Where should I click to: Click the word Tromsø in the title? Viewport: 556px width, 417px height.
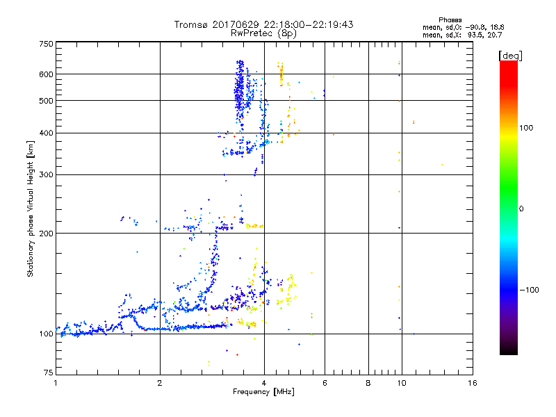pyautogui.click(x=190, y=24)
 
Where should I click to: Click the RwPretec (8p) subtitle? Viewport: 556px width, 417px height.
pyautogui.click(x=263, y=33)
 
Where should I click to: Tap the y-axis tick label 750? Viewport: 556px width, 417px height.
pyautogui.click(x=46, y=43)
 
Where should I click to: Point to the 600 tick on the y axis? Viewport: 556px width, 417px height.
pyautogui.click(x=46, y=74)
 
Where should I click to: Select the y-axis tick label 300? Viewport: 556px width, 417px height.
pyautogui.click(x=46, y=174)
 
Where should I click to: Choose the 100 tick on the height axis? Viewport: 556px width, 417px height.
pyautogui.click(x=46, y=334)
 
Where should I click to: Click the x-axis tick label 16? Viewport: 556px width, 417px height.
pyautogui.click(x=472, y=383)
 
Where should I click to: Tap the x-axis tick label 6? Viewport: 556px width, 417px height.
pyautogui.click(x=324, y=383)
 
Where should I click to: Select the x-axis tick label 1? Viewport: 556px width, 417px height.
pyautogui.click(x=56, y=383)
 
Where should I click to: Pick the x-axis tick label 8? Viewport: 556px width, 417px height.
pyautogui.click(x=368, y=383)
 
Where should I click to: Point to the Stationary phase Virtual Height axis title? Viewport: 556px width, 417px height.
pyautogui.click(x=31, y=208)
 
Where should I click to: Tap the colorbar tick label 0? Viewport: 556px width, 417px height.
pyautogui.click(x=522, y=208)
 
